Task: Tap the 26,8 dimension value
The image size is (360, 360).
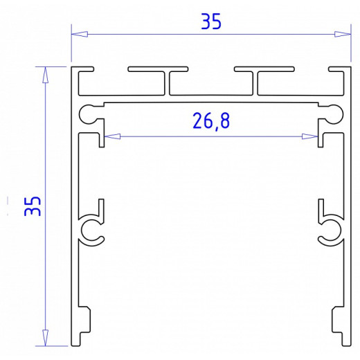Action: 211,121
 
